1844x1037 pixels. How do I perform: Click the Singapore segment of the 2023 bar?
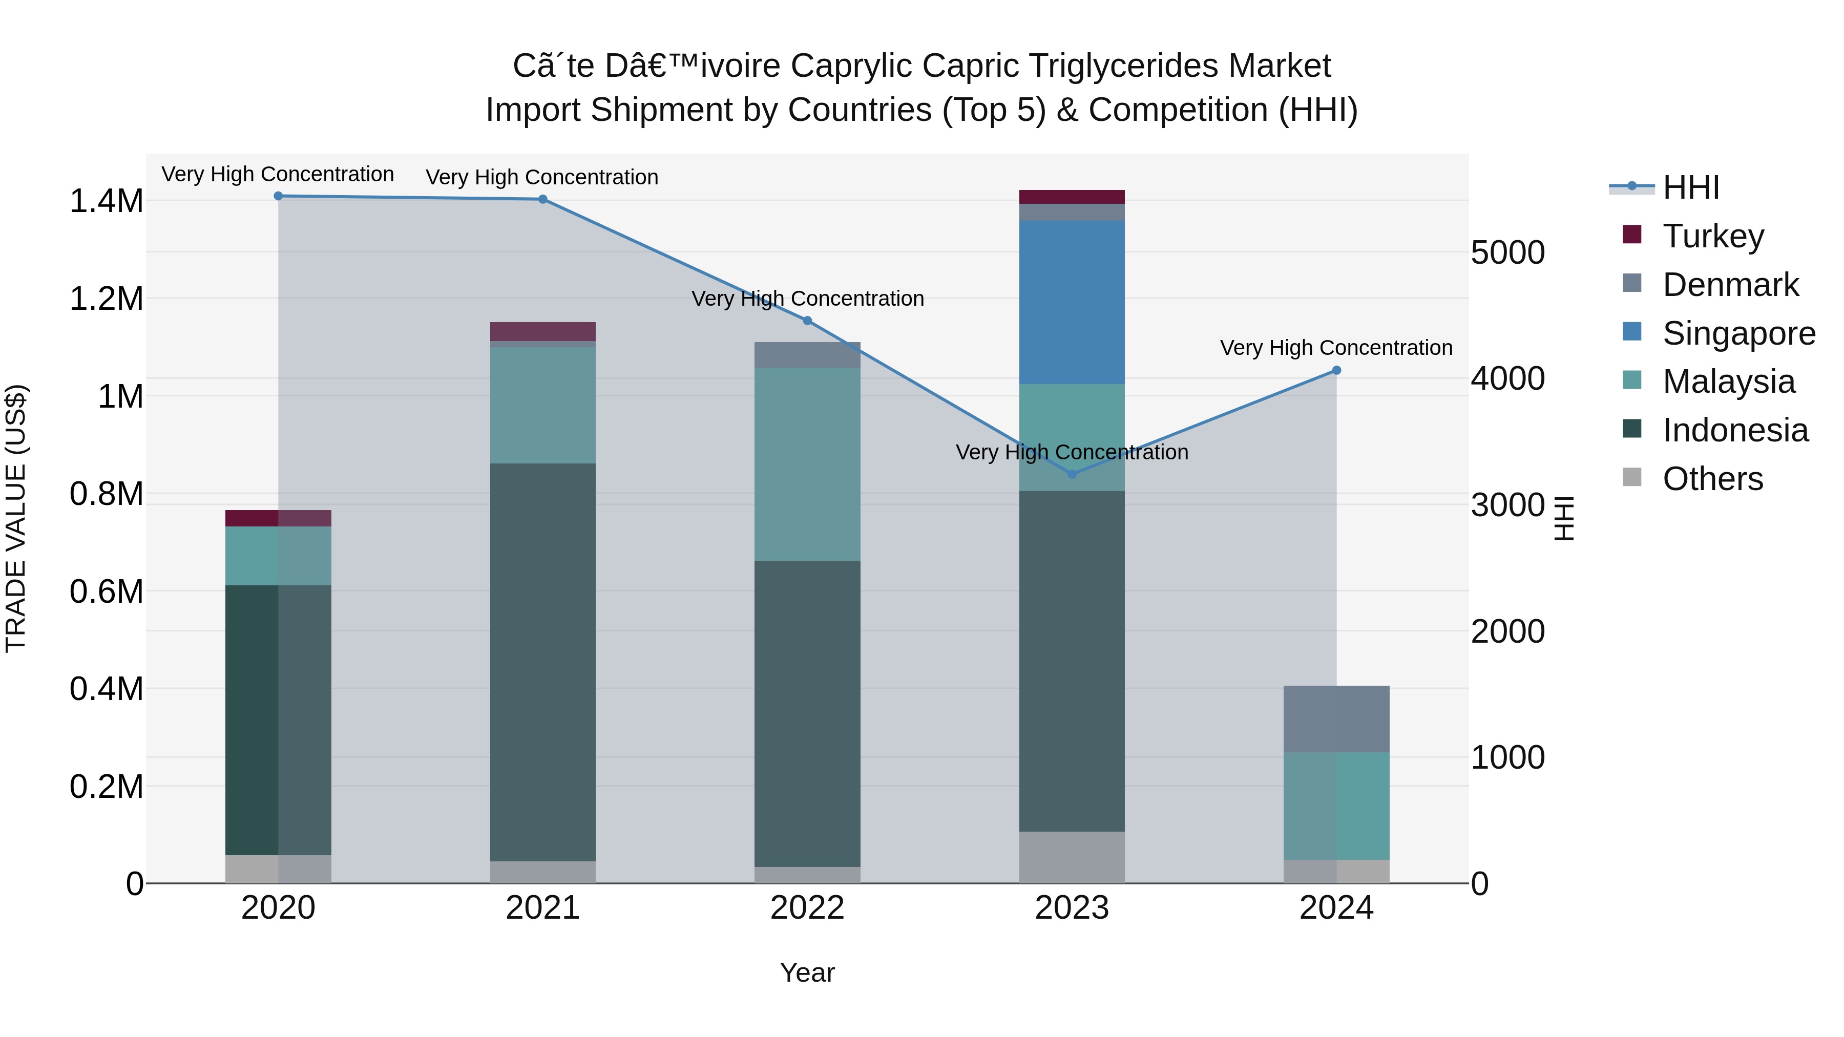1072,302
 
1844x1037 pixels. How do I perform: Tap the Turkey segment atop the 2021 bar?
542,331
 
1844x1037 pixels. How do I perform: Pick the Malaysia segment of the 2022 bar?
807,464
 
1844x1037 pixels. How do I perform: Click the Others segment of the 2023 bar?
1072,857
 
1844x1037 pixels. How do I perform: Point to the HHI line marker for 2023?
1072,474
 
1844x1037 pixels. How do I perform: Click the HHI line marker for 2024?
1336,371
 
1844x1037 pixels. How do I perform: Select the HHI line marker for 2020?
279,196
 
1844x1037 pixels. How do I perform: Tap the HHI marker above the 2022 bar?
807,321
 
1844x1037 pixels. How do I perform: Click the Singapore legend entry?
1738,333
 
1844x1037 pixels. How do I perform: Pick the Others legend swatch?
1631,477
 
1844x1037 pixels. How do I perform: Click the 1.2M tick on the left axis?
106,299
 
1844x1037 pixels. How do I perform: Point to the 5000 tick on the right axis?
1507,252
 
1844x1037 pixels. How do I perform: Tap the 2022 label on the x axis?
807,908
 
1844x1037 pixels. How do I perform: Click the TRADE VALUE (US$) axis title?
16,518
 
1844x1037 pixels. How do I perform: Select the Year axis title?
807,972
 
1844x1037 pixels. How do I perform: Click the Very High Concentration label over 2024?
1336,348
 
